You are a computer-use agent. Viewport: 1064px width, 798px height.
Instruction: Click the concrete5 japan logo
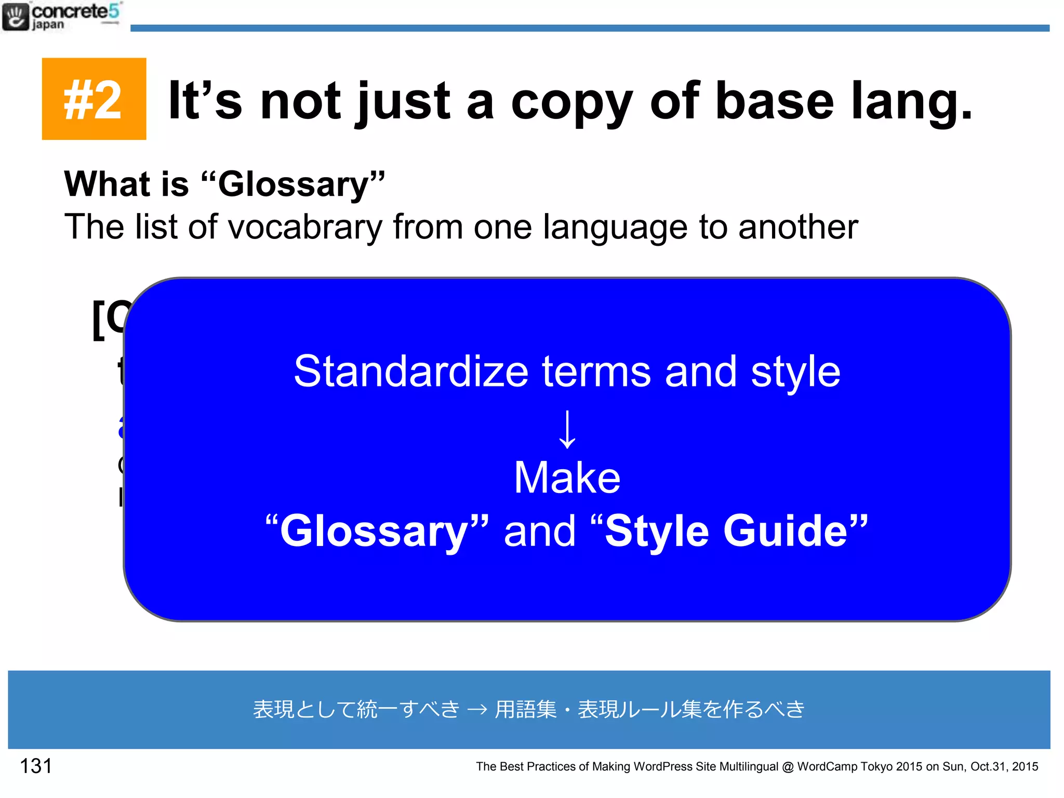pos(61,17)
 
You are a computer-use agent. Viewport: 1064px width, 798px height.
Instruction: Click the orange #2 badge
pos(94,99)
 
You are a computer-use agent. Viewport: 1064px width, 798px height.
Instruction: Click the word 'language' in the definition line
pos(615,227)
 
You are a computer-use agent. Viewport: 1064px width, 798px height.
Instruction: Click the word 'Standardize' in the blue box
pos(411,371)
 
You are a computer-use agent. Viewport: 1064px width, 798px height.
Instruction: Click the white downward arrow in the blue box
pos(567,429)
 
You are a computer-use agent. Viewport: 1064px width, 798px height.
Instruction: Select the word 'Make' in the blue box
pos(567,478)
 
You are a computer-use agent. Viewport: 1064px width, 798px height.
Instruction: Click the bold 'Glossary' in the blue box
pos(374,531)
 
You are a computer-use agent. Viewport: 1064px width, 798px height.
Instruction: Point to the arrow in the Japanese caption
pos(477,710)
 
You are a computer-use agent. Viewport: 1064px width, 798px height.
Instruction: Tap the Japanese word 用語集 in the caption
pos(526,710)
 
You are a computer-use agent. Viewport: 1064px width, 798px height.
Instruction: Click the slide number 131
pos(36,766)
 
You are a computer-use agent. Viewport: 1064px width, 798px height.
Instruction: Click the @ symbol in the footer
pos(788,767)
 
